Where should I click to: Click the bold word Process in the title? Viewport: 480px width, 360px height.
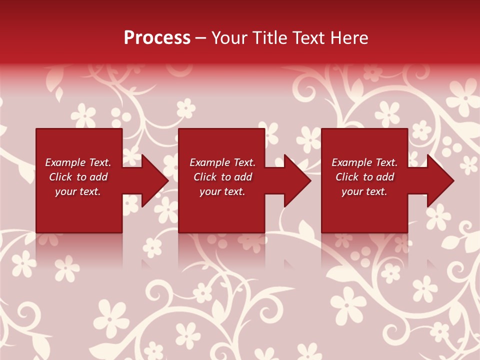coord(157,38)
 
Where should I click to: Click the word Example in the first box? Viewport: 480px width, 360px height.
coord(65,162)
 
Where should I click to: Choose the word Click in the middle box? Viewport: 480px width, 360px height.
coord(205,177)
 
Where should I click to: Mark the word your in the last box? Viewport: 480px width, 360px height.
coord(352,191)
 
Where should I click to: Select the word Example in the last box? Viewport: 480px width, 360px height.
coord(351,162)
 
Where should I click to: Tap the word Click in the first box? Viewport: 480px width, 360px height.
coord(60,177)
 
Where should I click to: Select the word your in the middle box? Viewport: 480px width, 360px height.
coord(210,191)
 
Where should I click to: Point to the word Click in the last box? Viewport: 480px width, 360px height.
coord(347,177)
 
